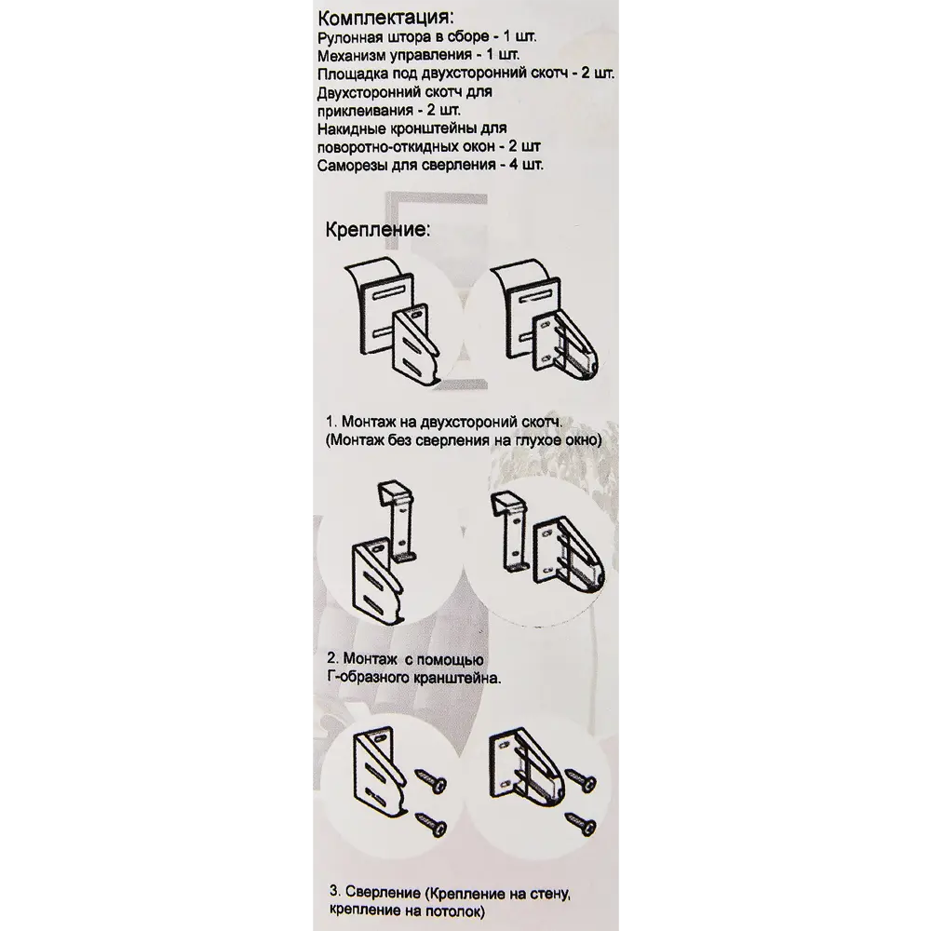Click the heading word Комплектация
click(x=387, y=16)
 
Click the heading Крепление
click(x=377, y=230)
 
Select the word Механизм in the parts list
click(x=353, y=56)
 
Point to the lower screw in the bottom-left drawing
click(x=431, y=825)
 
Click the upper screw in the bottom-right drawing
click(x=580, y=779)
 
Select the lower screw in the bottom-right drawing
click(x=580, y=825)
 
